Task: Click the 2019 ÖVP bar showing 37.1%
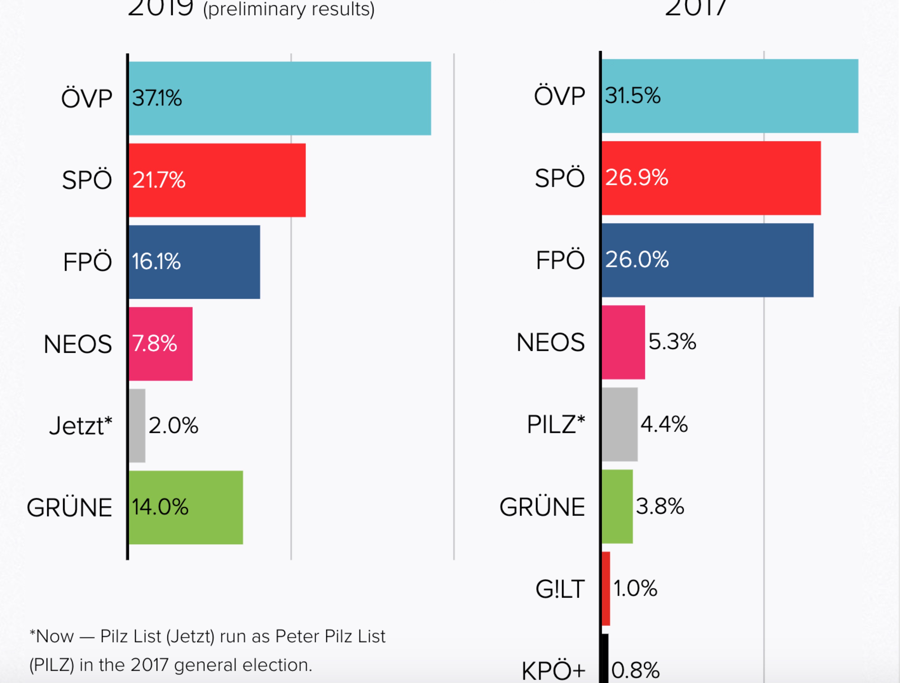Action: [280, 98]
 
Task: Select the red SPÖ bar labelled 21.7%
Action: [217, 180]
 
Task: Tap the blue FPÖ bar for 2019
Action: [194, 262]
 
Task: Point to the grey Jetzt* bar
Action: [137, 425]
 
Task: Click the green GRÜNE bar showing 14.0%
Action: [186, 507]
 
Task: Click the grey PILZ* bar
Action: [620, 424]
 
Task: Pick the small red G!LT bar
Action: [606, 589]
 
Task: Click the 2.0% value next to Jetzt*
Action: [173, 425]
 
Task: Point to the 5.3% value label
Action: [672, 341]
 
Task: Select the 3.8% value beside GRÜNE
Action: [660, 506]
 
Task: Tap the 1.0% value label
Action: [635, 589]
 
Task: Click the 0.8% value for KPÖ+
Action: [635, 670]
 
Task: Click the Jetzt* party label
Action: [80, 426]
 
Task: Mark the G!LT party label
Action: [560, 589]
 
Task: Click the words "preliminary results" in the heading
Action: [289, 9]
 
